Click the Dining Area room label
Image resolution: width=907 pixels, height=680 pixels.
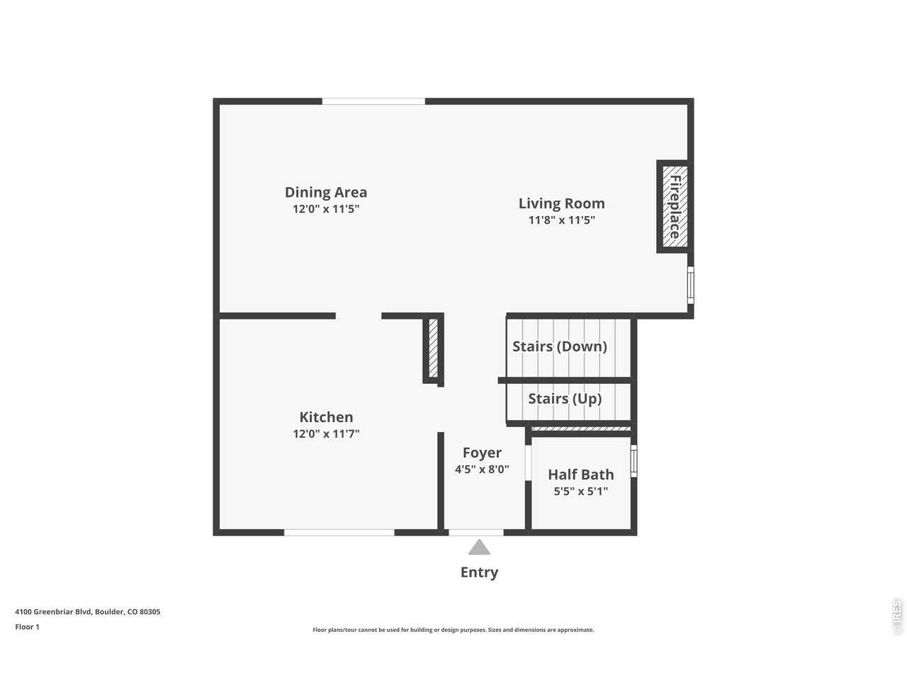pos(326,192)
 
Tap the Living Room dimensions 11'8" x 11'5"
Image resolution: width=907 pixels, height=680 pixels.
pos(561,220)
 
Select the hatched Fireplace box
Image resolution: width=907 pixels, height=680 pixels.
pos(674,206)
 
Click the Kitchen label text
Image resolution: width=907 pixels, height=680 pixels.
pos(326,417)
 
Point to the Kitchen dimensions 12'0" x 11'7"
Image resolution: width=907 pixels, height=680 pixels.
pos(326,434)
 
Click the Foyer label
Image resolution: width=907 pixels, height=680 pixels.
pos(482,453)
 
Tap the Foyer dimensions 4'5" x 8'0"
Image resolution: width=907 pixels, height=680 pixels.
pos(482,469)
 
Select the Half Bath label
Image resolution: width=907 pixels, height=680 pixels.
pos(580,475)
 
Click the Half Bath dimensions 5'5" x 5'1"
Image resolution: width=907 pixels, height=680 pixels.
pos(580,491)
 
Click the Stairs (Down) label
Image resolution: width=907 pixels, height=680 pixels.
pos(560,346)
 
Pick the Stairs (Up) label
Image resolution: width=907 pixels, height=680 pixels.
pos(565,399)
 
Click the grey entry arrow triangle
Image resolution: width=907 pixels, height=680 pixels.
pos(480,548)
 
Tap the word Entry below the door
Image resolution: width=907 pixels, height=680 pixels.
pos(480,572)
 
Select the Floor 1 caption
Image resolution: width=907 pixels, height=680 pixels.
pos(28,627)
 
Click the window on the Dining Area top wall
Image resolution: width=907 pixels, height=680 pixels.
pos(373,101)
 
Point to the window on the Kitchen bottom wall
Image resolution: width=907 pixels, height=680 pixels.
pos(339,532)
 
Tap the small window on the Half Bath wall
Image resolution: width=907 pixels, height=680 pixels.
pos(634,460)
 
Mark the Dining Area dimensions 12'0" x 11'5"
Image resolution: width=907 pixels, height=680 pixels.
pos(326,209)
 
